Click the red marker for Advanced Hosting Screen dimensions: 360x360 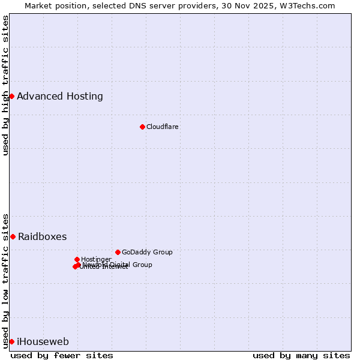(x=11, y=96)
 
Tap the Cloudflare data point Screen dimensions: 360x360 (x=142, y=127)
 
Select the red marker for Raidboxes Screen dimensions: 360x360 (x=13, y=236)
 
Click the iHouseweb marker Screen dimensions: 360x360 (x=11, y=341)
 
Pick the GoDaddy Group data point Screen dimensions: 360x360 (x=118, y=252)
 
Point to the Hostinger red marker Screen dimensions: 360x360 (x=77, y=259)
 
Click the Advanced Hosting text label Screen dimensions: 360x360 (x=60, y=96)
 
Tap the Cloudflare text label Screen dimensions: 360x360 (x=163, y=127)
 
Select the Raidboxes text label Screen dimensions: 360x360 (x=43, y=236)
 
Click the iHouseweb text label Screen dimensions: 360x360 (x=43, y=342)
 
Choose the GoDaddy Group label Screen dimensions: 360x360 (x=147, y=252)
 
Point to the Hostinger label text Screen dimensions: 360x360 (x=96, y=259)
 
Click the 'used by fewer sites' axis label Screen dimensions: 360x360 (x=62, y=355)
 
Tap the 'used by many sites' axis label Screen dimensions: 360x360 (x=301, y=355)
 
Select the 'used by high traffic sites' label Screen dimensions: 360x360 (x=6, y=85)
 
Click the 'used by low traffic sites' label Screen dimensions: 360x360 (x=6, y=280)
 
